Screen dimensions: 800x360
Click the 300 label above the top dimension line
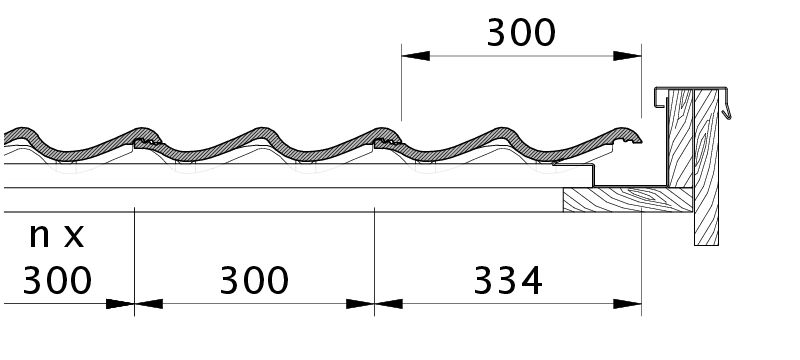pos(521,33)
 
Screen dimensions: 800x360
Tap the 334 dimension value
pos(508,281)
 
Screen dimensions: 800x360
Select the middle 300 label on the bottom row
pos(254,281)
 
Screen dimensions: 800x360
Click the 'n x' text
pos(56,236)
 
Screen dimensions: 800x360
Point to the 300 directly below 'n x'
pos(57,281)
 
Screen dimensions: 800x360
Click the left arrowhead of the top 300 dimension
pos(416,56)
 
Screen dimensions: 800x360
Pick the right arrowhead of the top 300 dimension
pos(627,56)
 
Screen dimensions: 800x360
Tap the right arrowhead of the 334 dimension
pos(627,304)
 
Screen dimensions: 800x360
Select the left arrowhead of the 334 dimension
pos(389,304)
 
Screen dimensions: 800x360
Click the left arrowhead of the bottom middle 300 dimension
pos(149,304)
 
